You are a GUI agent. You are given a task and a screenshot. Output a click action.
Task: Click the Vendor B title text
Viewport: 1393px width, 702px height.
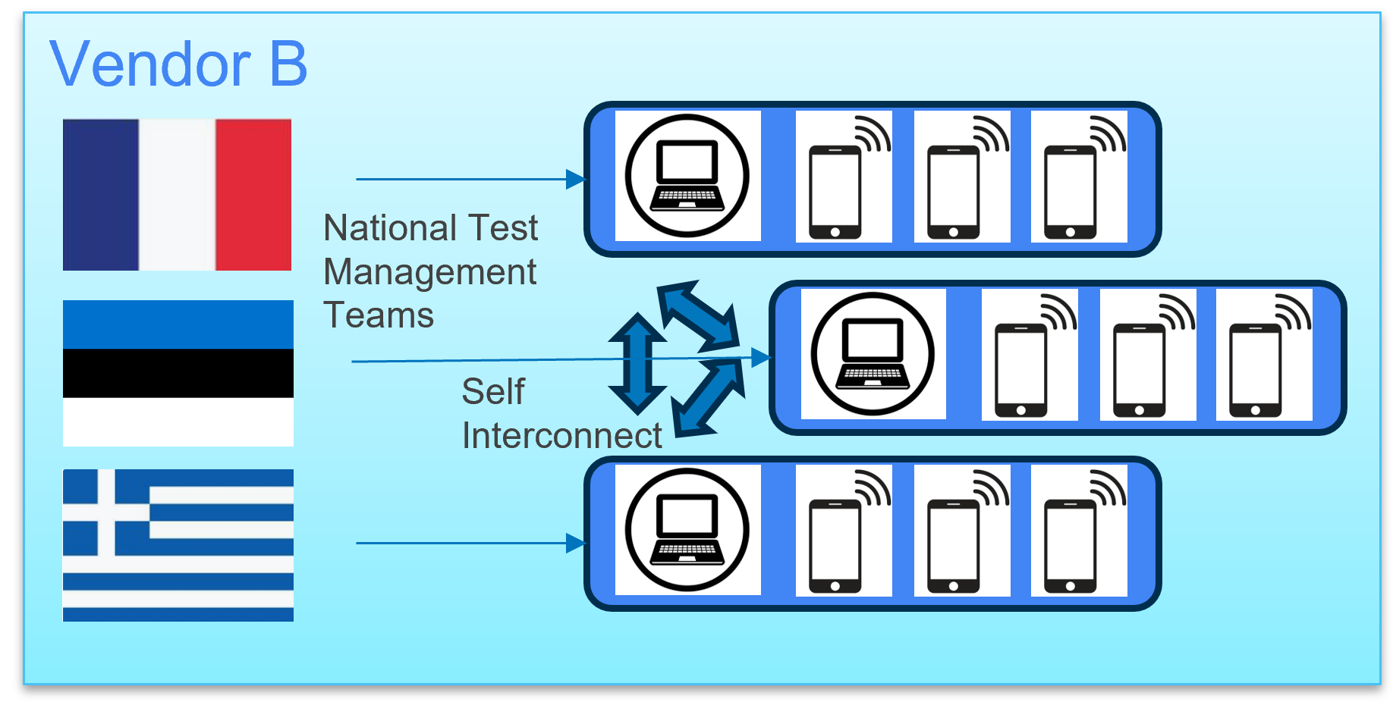pyautogui.click(x=178, y=64)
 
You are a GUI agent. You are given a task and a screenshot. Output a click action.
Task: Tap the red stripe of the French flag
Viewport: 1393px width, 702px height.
pyautogui.click(x=253, y=195)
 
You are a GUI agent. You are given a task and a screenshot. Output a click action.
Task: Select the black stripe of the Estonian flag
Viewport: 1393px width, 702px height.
pyautogui.click(x=178, y=373)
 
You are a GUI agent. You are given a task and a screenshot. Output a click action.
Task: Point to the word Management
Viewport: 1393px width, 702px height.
pyautogui.click(x=430, y=272)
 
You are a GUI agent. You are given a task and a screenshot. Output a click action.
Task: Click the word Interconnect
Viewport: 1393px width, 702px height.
pyautogui.click(x=561, y=436)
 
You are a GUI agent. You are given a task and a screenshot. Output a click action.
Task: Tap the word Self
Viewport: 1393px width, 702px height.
pyautogui.click(x=493, y=392)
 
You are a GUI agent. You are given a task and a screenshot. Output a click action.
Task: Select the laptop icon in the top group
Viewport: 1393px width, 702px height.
pyautogui.click(x=687, y=176)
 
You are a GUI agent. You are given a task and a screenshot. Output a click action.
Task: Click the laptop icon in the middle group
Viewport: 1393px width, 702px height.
pyautogui.click(x=873, y=354)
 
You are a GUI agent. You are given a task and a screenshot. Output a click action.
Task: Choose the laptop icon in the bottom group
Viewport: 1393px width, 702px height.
pyautogui.click(x=687, y=530)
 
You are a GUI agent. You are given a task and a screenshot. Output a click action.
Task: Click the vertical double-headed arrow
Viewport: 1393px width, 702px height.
pyautogui.click(x=637, y=363)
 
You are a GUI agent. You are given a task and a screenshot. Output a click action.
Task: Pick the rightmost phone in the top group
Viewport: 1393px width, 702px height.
pyautogui.click(x=1071, y=192)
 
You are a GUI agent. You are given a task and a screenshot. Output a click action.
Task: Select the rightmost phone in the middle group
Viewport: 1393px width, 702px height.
pyautogui.click(x=1256, y=370)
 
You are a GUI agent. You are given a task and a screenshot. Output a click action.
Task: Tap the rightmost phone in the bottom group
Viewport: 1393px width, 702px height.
pyautogui.click(x=1071, y=546)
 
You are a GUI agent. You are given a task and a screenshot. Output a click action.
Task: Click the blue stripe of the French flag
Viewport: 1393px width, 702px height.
pyautogui.click(x=101, y=195)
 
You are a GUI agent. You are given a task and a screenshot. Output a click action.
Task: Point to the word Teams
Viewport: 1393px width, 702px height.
pyautogui.click(x=379, y=315)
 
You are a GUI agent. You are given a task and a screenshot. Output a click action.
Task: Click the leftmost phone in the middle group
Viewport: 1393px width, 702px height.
pyautogui.click(x=1021, y=370)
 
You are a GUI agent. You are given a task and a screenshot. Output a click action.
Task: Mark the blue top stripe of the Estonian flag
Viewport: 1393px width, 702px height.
pyautogui.click(x=178, y=324)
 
